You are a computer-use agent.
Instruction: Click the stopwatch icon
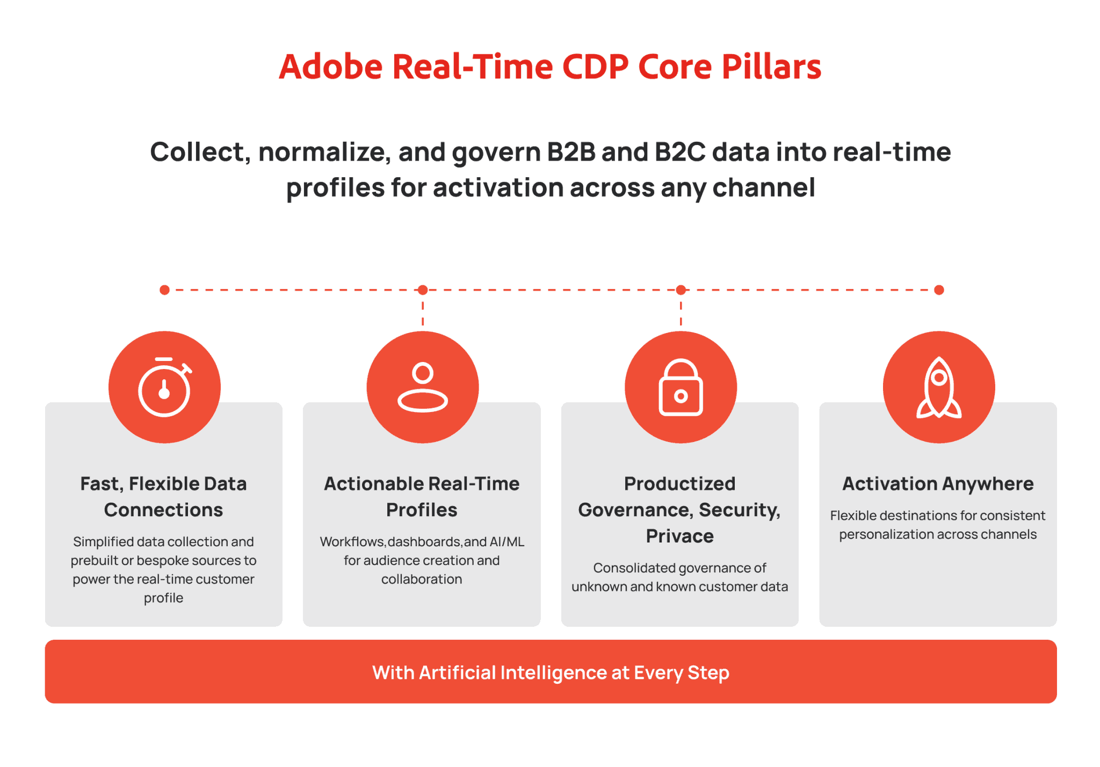[164, 387]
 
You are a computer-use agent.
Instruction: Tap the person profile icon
[423, 387]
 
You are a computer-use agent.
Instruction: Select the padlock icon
[681, 387]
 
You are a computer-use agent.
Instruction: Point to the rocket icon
[939, 387]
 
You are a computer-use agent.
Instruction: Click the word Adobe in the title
[331, 67]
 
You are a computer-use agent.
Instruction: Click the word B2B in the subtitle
[571, 151]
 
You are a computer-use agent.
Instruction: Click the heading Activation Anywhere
[938, 484]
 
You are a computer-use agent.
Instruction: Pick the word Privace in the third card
[680, 536]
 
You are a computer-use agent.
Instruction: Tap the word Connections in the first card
[163, 510]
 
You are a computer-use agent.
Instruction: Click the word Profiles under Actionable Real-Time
[422, 510]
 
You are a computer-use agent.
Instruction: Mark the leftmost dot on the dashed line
[164, 290]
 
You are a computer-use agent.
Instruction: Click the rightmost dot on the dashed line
[939, 290]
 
